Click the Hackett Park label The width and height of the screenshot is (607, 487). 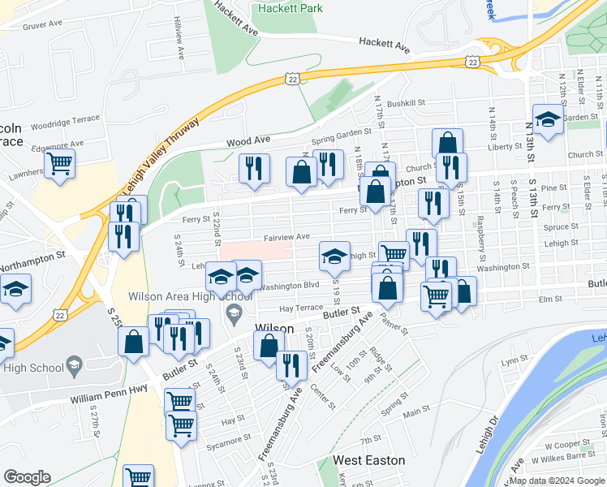[x=289, y=8]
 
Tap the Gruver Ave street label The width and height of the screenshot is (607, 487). [x=43, y=24]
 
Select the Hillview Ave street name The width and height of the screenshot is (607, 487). [x=176, y=37]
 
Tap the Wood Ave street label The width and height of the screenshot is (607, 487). [x=248, y=141]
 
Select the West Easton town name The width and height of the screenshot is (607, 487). [x=369, y=460]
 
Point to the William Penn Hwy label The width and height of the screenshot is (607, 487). [x=108, y=399]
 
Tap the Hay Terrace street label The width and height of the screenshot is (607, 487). [x=300, y=308]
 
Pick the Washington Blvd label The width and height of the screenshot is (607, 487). [x=290, y=286]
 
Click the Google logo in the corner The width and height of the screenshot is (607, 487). [x=27, y=477]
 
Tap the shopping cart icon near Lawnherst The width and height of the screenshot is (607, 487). [x=60, y=163]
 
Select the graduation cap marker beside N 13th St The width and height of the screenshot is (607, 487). [x=548, y=119]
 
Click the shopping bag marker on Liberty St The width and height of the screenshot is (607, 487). [x=447, y=143]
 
